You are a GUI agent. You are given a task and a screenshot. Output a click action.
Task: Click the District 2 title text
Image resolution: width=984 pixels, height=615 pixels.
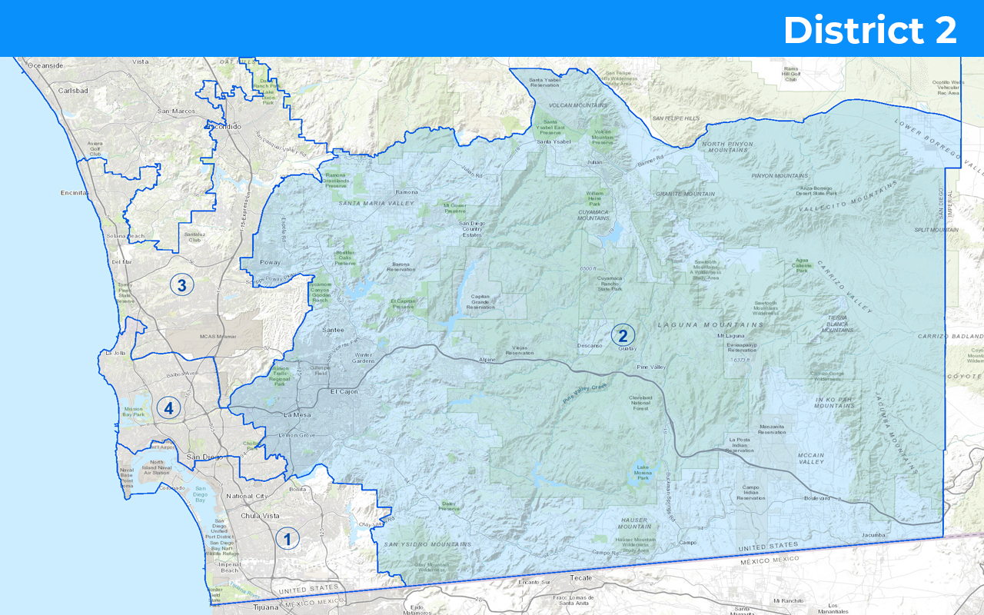[x=869, y=31]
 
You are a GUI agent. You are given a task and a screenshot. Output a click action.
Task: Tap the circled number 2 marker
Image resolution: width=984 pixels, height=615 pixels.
[x=623, y=335]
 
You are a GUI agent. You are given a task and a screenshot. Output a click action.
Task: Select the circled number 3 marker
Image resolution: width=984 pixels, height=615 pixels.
[x=181, y=285]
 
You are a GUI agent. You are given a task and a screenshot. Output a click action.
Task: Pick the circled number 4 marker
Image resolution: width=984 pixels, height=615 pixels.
[x=168, y=407]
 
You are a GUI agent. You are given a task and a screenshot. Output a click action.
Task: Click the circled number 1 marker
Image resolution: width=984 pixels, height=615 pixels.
[x=288, y=539]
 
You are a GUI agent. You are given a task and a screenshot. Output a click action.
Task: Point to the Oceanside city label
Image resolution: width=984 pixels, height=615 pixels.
[x=45, y=65]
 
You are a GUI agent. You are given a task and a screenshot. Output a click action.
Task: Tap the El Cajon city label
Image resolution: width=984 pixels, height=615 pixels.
[x=344, y=391]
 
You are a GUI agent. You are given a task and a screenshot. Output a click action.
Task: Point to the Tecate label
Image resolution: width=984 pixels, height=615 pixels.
[x=581, y=577]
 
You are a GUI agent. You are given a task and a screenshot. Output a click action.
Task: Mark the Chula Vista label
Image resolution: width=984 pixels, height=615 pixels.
[x=242, y=516]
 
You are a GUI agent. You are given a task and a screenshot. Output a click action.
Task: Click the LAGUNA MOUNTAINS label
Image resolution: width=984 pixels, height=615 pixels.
[x=710, y=325]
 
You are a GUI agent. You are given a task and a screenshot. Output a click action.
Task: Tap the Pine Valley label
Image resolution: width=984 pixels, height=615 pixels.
[x=651, y=367]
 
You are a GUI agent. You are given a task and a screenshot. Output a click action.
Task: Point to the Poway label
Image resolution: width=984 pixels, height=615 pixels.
[x=270, y=262]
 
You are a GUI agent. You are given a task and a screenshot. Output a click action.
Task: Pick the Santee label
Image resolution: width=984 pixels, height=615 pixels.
[x=333, y=330]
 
